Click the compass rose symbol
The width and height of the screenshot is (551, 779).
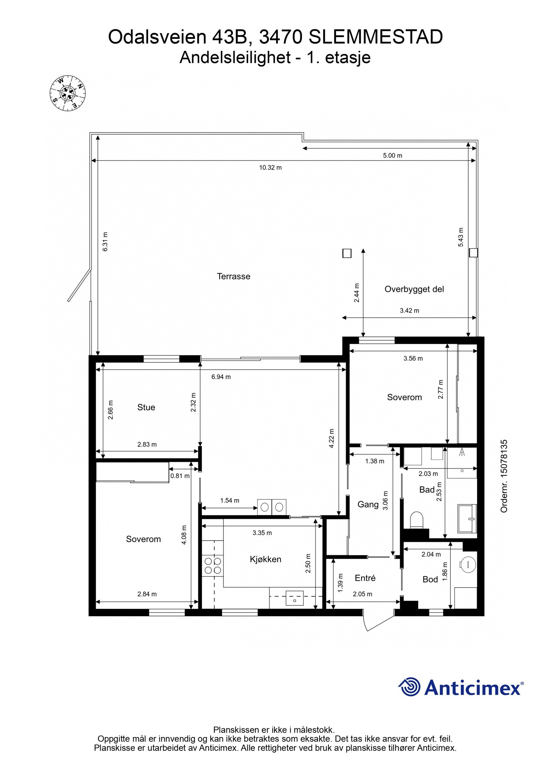(x=67, y=93)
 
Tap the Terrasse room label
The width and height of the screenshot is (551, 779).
(x=233, y=276)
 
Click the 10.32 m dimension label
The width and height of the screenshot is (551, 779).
(x=270, y=168)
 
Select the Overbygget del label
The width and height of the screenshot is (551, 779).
(x=414, y=289)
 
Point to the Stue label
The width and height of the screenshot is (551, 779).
(x=146, y=407)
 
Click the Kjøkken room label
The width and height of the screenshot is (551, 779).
(x=266, y=559)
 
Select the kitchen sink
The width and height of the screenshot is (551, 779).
(x=294, y=598)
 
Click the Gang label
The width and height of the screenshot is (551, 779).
(x=368, y=505)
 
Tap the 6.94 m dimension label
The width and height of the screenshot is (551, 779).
(x=221, y=377)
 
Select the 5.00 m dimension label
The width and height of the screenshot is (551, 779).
(x=393, y=156)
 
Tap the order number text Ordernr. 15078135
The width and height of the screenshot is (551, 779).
(x=504, y=476)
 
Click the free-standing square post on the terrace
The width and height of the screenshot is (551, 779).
(x=347, y=254)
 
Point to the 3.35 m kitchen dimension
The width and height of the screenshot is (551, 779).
(x=262, y=533)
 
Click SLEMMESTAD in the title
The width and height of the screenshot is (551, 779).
(x=375, y=37)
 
